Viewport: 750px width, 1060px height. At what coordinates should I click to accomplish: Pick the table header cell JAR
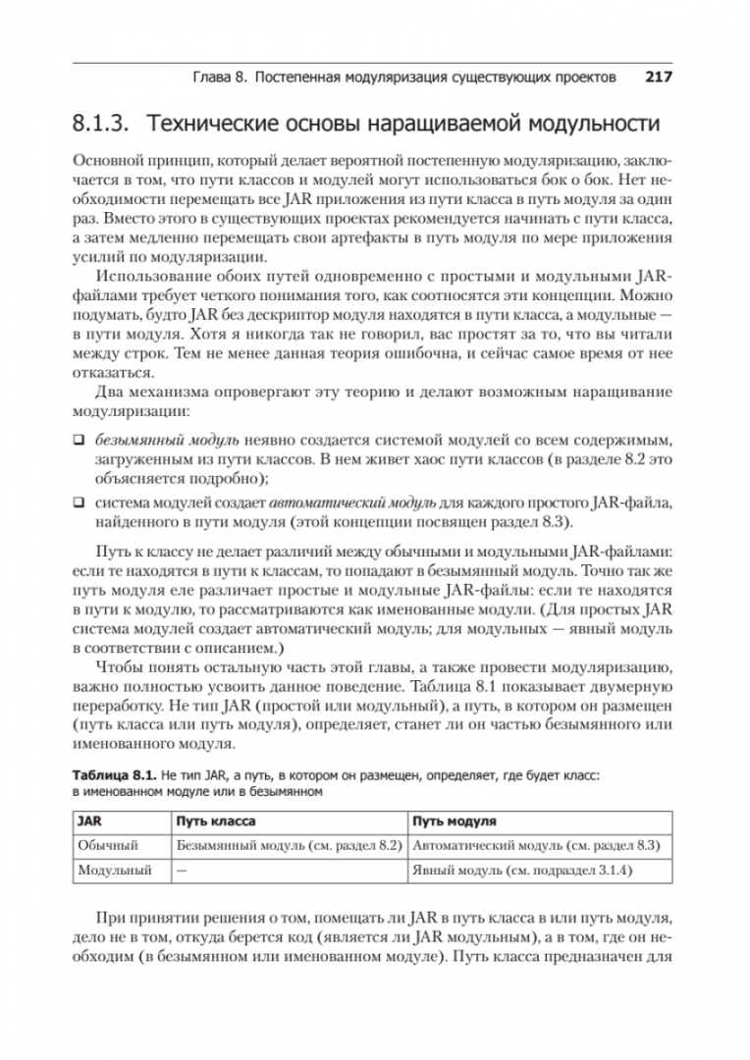tap(91, 821)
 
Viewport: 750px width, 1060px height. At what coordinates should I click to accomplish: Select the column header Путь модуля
tap(454, 821)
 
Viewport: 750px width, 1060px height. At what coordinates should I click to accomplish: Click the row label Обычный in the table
tap(108, 844)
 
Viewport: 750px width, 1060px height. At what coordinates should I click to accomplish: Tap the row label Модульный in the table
tap(114, 870)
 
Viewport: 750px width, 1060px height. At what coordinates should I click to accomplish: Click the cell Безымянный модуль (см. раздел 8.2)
tap(290, 844)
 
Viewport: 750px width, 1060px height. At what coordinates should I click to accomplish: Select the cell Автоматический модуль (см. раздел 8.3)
tap(535, 844)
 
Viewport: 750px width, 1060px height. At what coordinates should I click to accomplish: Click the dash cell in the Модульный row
tap(181, 870)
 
